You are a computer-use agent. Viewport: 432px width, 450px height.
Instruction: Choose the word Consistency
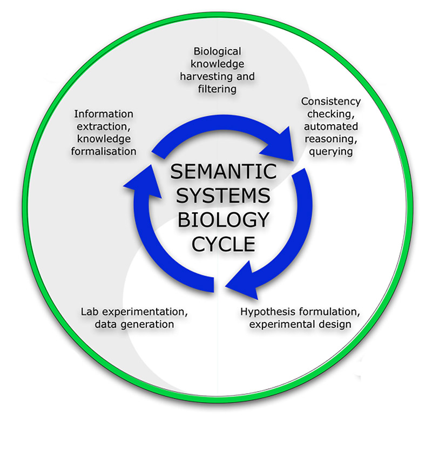pos(330,102)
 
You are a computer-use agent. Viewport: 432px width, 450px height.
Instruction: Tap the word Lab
pos(90,312)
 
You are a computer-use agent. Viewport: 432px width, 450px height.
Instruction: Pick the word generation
pos(146,325)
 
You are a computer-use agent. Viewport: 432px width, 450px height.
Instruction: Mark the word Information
pos(104,114)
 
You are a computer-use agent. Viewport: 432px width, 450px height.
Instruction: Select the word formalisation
pos(104,151)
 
